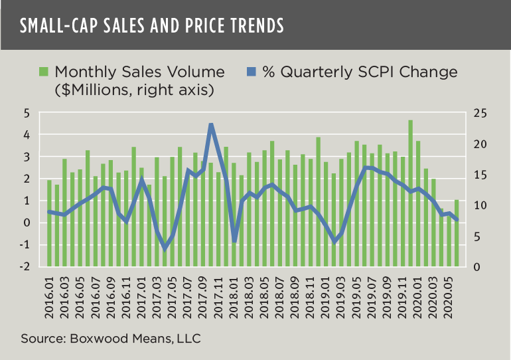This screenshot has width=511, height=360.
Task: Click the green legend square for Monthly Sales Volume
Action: [x=44, y=72]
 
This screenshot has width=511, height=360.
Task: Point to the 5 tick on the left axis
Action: [x=27, y=114]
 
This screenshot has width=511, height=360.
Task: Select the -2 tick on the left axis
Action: [x=25, y=267]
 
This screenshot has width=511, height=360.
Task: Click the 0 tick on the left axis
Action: [x=27, y=223]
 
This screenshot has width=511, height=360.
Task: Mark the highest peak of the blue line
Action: [x=211, y=124]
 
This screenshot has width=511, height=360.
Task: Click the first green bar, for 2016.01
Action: [x=50, y=223]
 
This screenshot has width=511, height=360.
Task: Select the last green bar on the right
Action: [x=457, y=232]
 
